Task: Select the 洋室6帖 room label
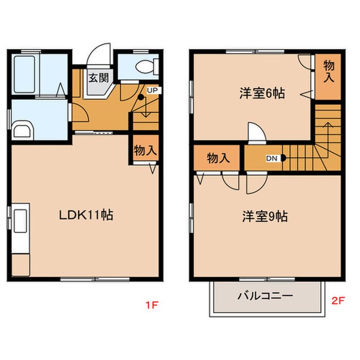262,94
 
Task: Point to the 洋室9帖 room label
265,217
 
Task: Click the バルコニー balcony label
265,296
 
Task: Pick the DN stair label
272,158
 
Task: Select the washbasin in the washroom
22,131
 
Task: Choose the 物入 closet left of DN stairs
218,158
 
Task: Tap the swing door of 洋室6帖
256,132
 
